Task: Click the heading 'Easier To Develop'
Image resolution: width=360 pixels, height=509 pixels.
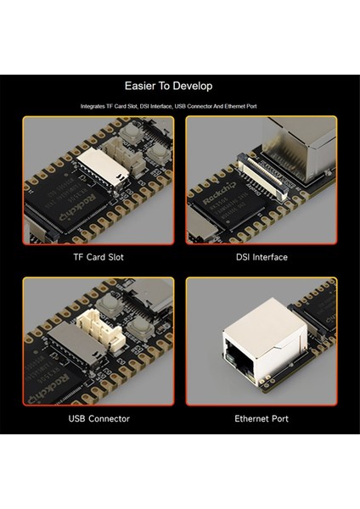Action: tap(168, 86)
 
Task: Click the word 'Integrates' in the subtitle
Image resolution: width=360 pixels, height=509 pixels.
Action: tap(93, 107)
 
